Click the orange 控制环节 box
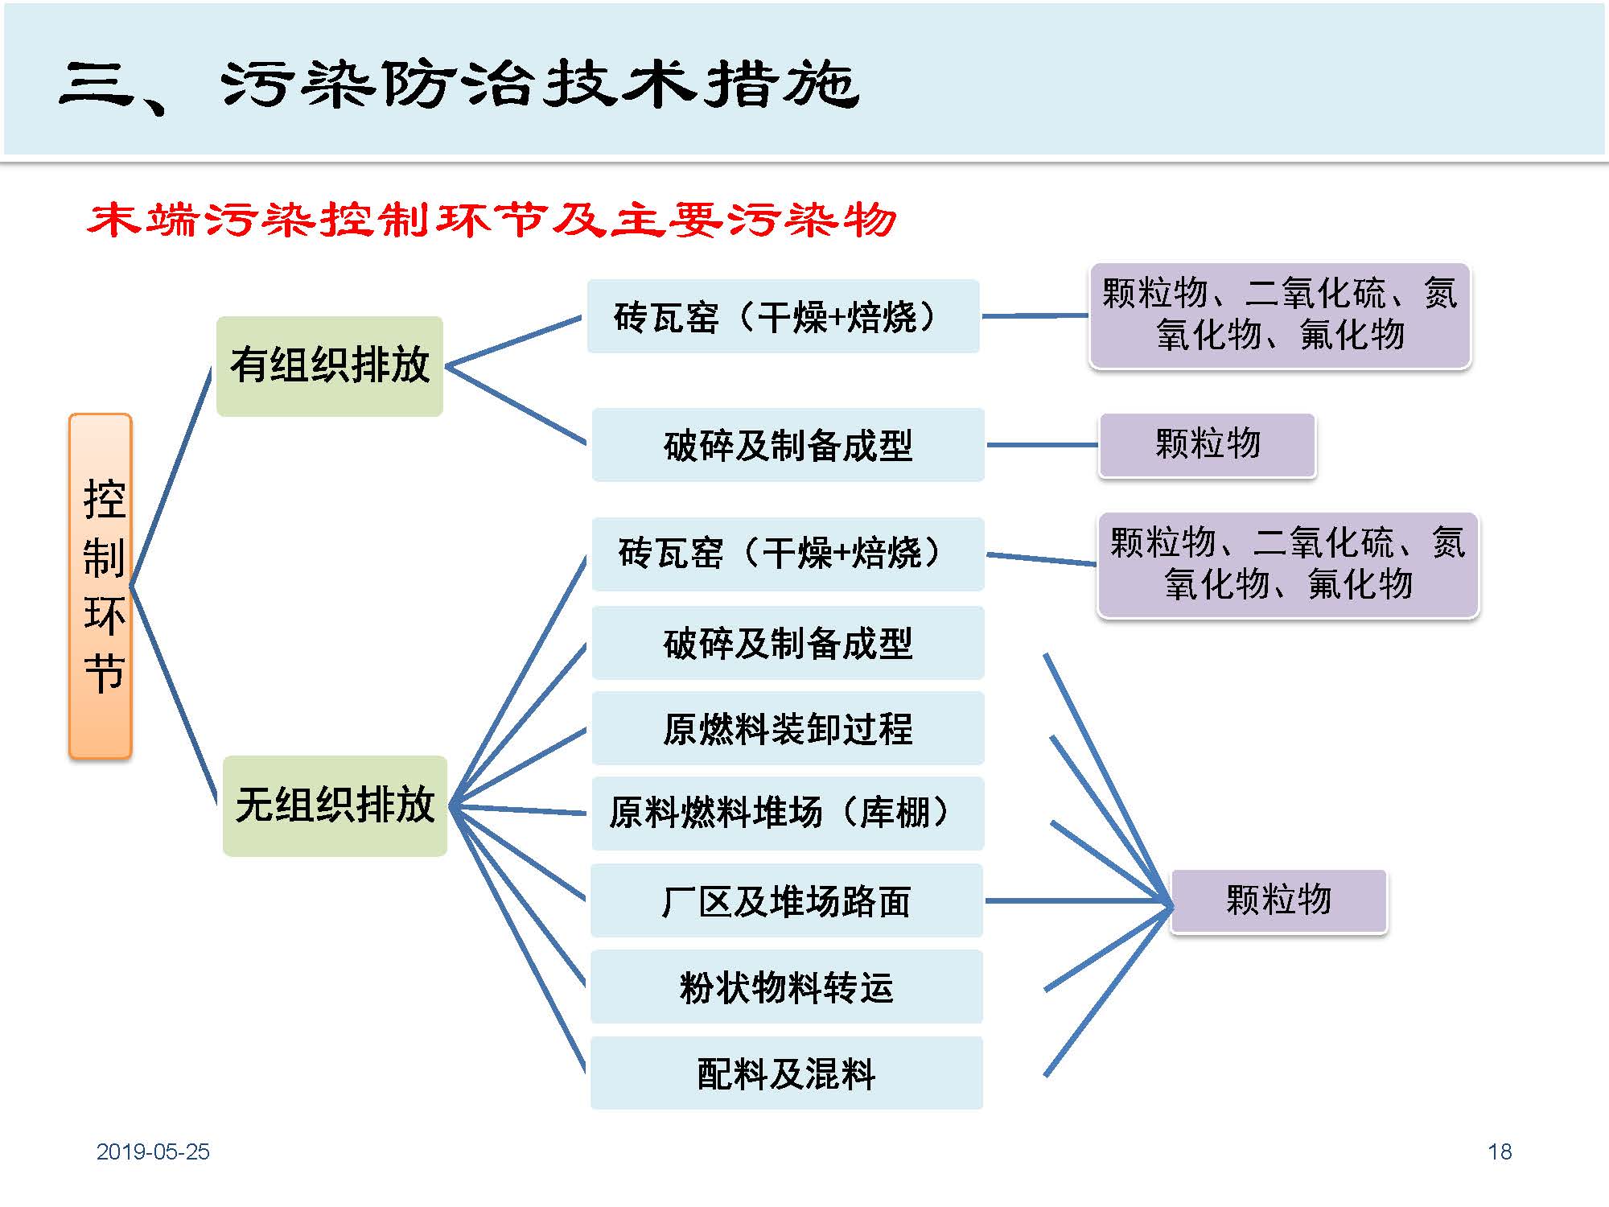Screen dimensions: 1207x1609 [101, 586]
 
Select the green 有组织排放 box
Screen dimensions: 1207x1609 [330, 366]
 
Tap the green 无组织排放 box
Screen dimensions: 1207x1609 [335, 805]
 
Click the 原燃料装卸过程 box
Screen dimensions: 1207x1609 [788, 728]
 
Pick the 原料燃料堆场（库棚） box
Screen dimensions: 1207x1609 [788, 814]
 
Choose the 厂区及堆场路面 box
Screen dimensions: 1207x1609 [787, 900]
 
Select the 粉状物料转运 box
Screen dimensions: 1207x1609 [787, 987]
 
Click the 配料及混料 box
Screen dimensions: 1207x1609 [787, 1073]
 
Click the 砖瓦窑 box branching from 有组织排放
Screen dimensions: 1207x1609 [783, 316]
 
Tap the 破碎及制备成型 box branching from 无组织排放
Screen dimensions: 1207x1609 [788, 643]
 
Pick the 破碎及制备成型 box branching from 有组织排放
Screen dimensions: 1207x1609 [788, 445]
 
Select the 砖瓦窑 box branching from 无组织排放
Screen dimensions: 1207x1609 [788, 554]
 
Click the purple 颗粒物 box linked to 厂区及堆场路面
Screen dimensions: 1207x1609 [1278, 900]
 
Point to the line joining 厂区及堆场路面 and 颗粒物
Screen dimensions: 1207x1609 [1078, 900]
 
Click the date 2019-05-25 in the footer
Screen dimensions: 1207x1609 [153, 1151]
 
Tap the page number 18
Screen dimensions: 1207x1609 [1500, 1151]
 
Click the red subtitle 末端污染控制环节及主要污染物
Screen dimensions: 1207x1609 [492, 220]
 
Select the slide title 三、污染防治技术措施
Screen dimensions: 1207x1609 [459, 84]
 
